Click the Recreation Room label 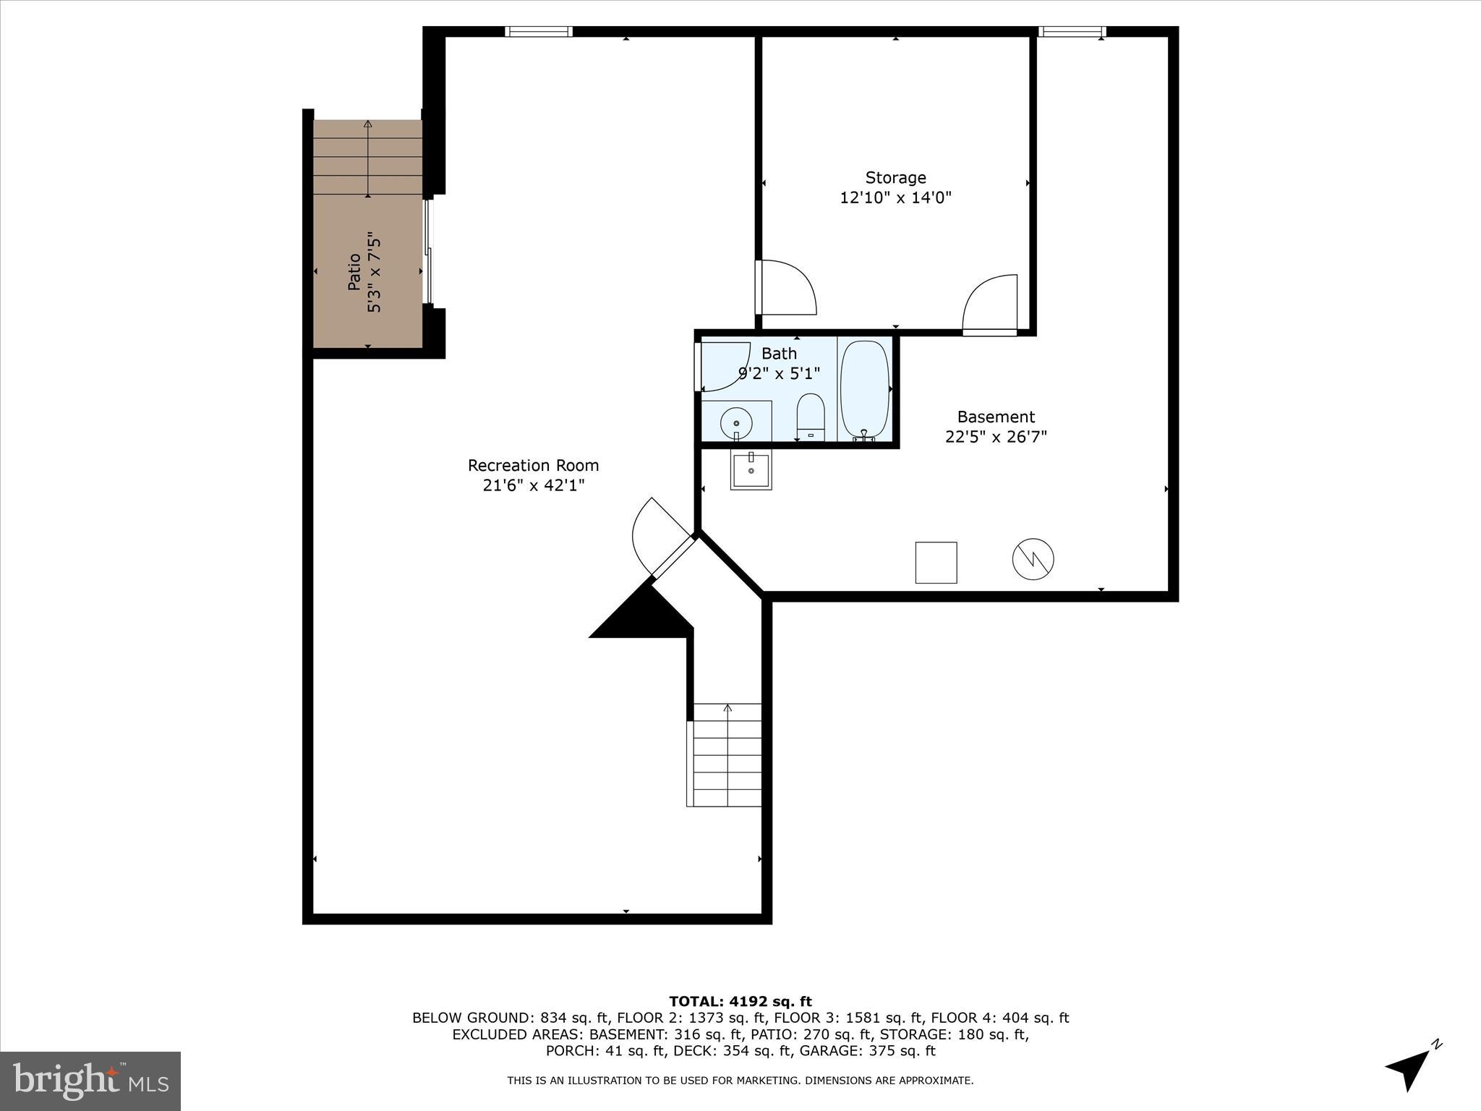click(x=533, y=466)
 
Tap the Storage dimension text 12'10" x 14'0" click(x=895, y=197)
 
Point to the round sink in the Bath click(x=736, y=422)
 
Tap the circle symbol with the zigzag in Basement click(x=1033, y=559)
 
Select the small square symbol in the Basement click(x=936, y=562)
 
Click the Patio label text click(x=354, y=271)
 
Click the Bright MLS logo click(x=90, y=1081)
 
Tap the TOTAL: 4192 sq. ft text click(x=740, y=1002)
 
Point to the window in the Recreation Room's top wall click(x=538, y=31)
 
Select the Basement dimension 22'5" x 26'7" click(x=995, y=437)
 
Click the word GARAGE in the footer click(x=832, y=1051)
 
